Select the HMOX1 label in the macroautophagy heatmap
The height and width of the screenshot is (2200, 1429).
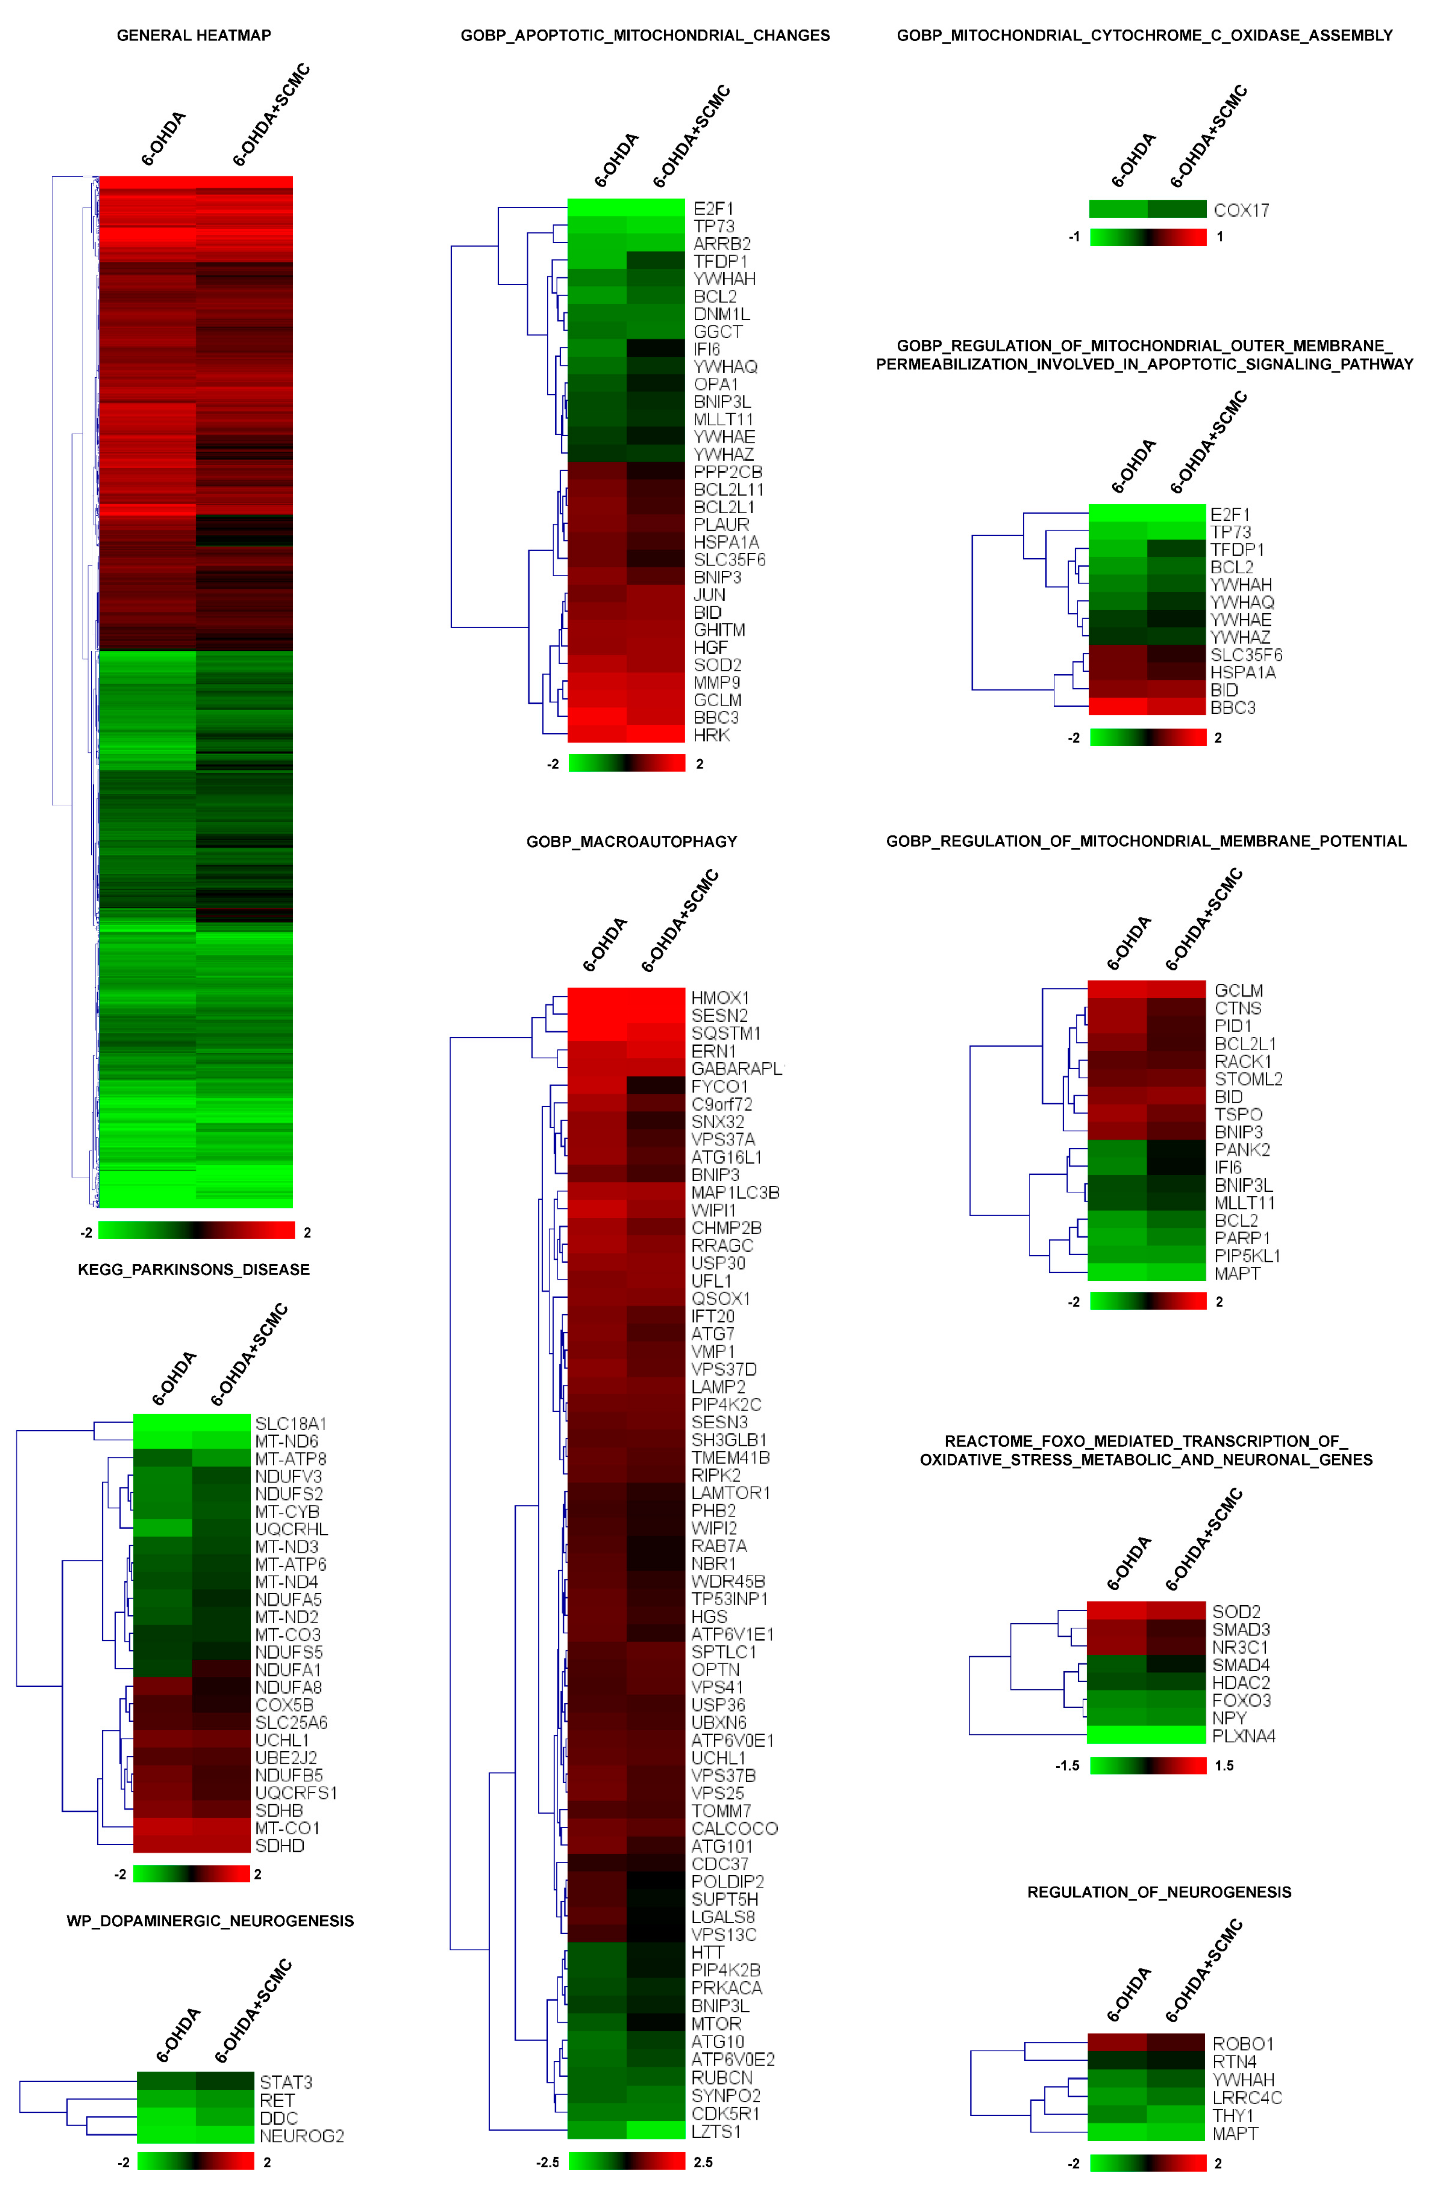coord(720,997)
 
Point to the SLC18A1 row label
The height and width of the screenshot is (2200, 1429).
coord(290,1423)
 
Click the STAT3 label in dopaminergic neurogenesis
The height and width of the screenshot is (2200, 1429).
coord(286,2082)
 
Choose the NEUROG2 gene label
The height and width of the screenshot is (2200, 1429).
coord(301,2135)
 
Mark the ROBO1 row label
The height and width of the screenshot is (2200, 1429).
coord(1242,2043)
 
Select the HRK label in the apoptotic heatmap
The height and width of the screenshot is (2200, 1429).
coord(712,735)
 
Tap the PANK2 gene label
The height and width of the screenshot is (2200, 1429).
coord(1241,1149)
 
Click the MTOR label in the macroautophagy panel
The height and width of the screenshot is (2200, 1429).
coord(716,2023)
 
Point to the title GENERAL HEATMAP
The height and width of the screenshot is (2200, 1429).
coord(194,35)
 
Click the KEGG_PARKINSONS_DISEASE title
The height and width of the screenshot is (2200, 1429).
coord(194,1269)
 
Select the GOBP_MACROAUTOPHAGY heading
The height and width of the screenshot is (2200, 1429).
coord(631,841)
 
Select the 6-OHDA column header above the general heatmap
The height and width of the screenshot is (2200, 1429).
coord(164,139)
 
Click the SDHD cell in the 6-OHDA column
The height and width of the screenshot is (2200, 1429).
coord(163,1845)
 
